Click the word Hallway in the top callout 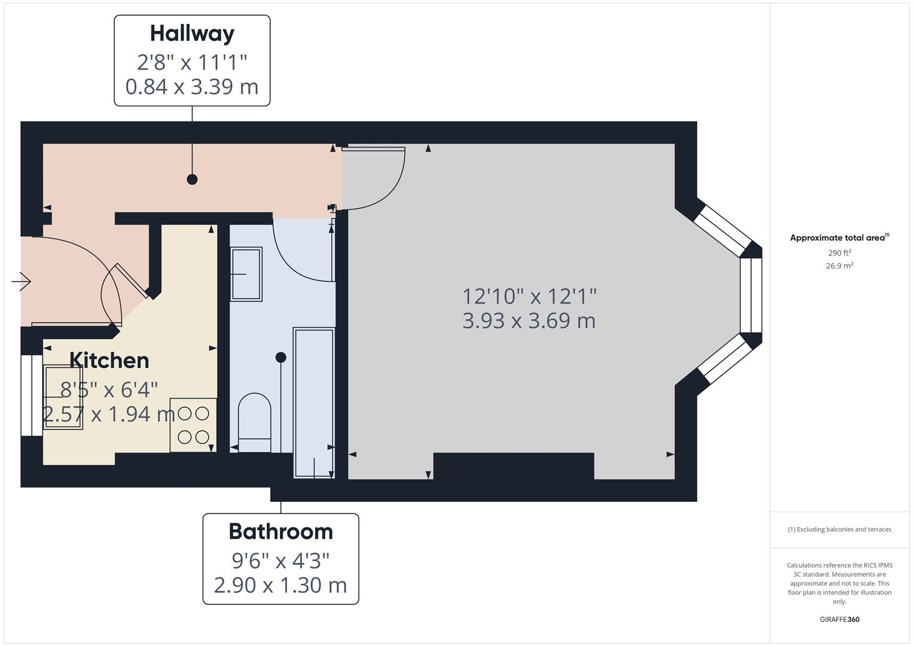192,33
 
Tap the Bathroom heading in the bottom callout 280,532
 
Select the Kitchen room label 109,361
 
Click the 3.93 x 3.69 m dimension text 529,321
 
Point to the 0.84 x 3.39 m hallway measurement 192,87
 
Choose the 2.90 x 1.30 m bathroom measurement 280,585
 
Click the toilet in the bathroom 255,422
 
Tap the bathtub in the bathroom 313,402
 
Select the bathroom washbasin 246,274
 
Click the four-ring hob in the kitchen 193,425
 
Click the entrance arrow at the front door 22,281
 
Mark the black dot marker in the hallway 192,179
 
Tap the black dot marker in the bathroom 280,357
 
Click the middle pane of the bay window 751,295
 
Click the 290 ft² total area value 839,253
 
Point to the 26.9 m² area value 839,266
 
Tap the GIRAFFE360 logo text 839,620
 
